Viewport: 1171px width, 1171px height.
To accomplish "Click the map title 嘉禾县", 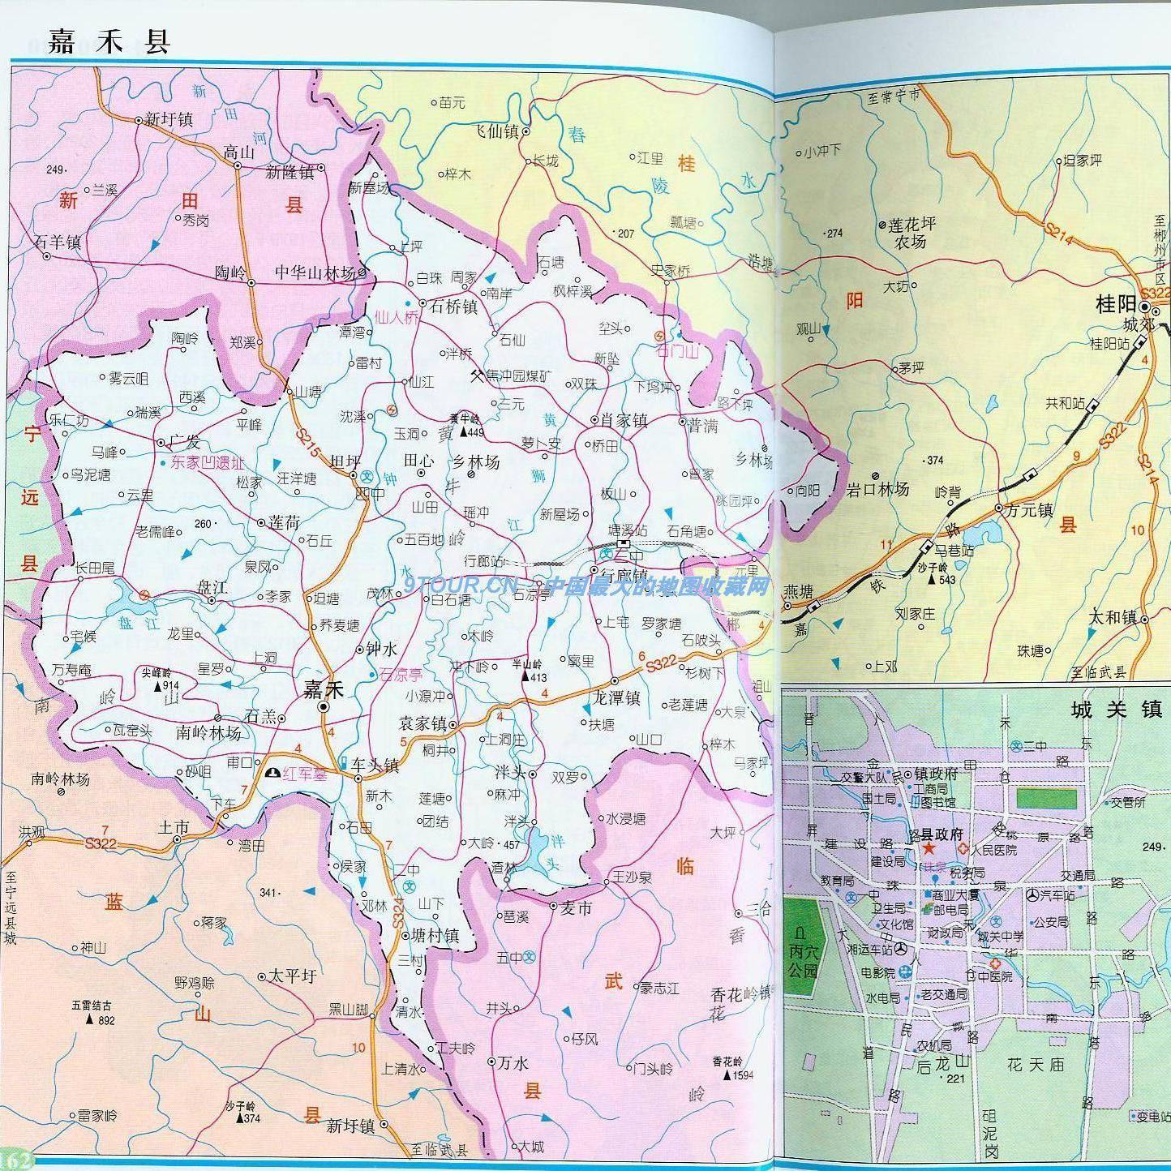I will [109, 41].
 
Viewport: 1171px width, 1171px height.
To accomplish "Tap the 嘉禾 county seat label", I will [323, 689].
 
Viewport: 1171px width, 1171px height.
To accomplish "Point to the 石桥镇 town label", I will [453, 307].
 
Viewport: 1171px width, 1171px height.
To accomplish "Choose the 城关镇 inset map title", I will [1116, 710].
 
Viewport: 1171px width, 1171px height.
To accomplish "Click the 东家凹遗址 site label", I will [207, 463].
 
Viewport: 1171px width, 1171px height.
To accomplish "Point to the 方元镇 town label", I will [1028, 510].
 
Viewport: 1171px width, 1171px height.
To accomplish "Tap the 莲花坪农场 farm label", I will [911, 233].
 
